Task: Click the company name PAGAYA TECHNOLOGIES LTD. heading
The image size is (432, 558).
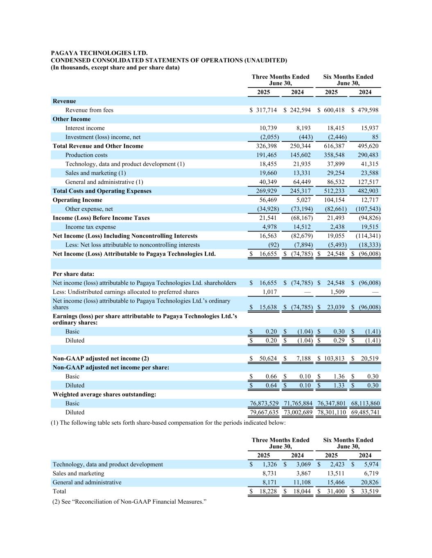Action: pos(99,53)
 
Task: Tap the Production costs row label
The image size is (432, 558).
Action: pos(86,155)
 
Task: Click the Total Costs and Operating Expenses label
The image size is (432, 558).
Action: pos(102,191)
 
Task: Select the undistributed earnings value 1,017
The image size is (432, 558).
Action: pos(269,292)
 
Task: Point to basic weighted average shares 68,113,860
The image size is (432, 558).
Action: pos(365,403)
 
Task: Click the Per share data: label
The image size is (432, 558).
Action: pos(73,274)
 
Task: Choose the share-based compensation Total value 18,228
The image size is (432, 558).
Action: pos(268,492)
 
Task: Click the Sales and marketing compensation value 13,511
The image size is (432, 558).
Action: pos(336,474)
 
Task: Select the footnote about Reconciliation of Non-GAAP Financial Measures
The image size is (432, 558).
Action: pos(129,502)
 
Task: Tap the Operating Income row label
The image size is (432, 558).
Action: pos(77,200)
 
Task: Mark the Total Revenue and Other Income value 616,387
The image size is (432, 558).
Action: pos(334,146)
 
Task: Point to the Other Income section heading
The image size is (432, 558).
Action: pos(72,119)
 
